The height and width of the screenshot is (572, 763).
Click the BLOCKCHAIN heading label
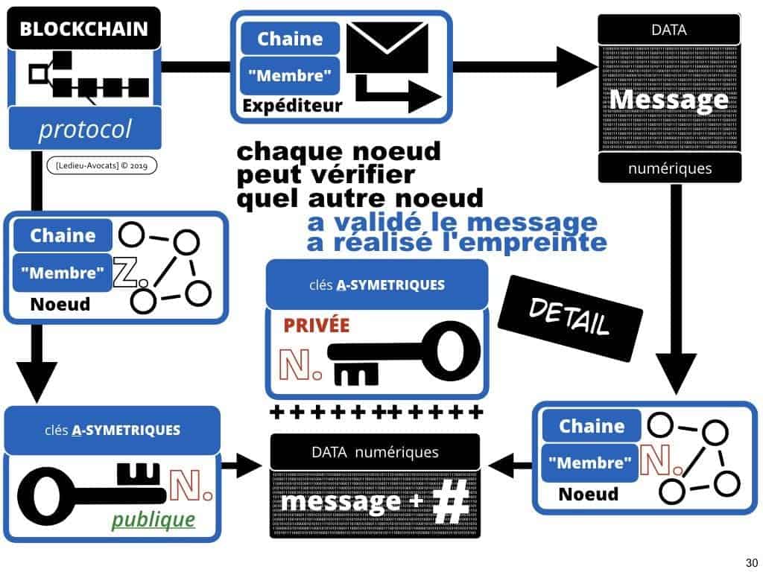[83, 30]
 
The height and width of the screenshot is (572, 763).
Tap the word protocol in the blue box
[84, 130]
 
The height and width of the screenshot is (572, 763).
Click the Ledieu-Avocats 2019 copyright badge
[101, 165]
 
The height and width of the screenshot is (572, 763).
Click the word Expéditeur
[292, 106]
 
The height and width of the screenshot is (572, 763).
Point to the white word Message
[669, 99]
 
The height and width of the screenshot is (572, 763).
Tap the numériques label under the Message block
[670, 168]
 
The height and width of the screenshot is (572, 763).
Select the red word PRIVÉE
[315, 325]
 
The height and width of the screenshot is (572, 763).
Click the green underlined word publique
[153, 518]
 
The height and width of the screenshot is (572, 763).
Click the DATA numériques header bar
[375, 452]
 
